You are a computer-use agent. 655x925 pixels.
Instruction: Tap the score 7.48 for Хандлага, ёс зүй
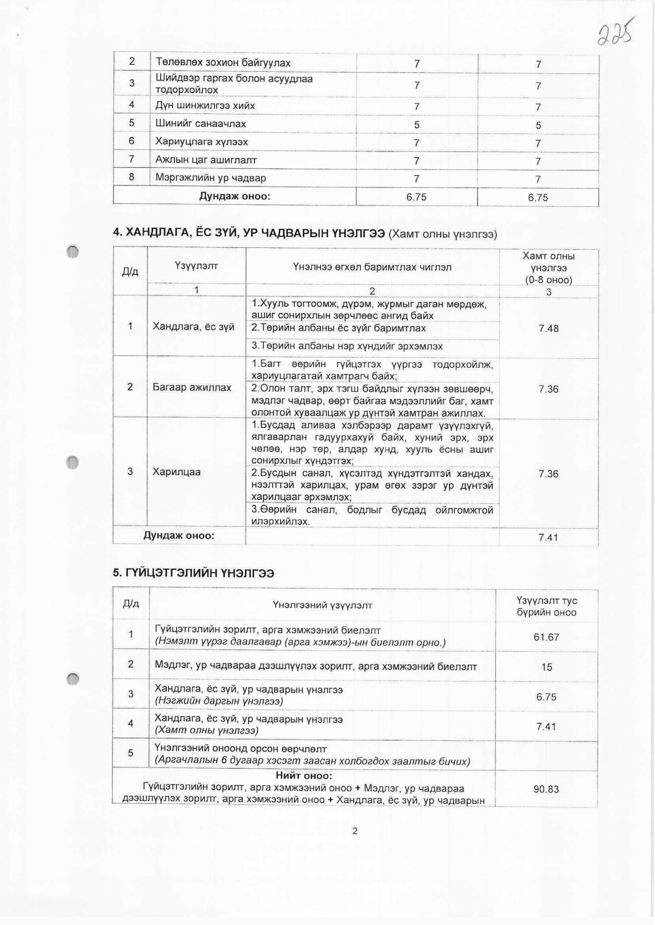click(x=548, y=328)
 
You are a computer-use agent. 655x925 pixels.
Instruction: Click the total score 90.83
click(x=546, y=789)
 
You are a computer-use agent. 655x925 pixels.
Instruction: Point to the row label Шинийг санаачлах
click(x=201, y=124)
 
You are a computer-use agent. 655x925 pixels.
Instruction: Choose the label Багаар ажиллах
click(x=192, y=387)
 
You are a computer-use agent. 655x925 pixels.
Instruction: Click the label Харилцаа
click(x=176, y=472)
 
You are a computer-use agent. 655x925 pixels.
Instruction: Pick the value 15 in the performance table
click(x=547, y=667)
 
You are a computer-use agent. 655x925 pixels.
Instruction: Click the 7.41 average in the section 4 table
click(x=548, y=537)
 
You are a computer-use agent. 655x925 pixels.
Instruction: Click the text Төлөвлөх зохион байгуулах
click(x=223, y=63)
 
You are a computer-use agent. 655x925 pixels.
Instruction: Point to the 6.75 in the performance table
click(x=546, y=697)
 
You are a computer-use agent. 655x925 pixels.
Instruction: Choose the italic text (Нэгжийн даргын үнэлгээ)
click(x=219, y=701)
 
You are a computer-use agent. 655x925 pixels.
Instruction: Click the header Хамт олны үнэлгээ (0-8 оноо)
click(x=548, y=268)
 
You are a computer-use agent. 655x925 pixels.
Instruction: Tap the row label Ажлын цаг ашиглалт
click(x=206, y=160)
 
